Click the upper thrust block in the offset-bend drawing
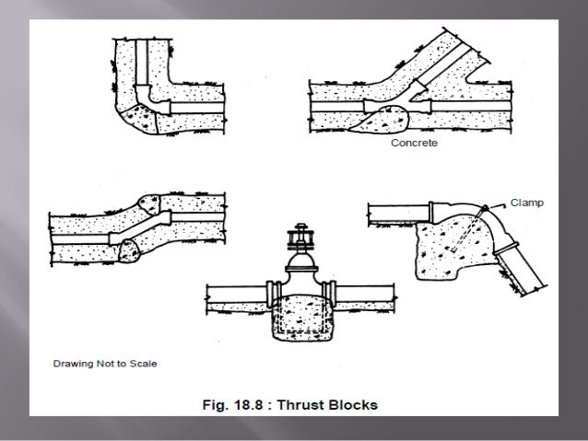[152, 203]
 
